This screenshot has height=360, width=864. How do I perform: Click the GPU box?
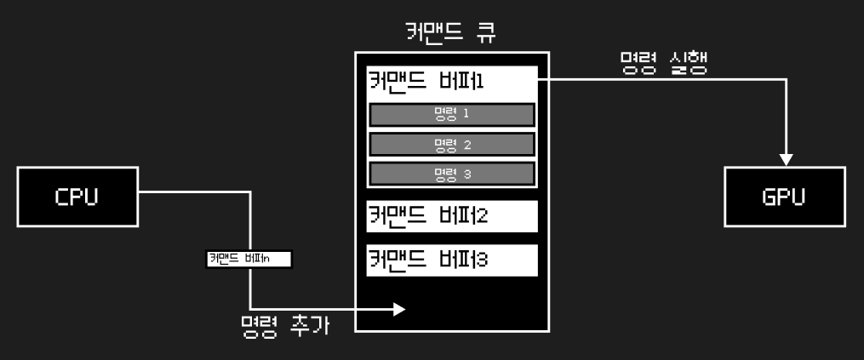784,197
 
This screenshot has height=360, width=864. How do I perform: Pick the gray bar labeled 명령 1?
452,115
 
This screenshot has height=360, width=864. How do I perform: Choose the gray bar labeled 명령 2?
452,144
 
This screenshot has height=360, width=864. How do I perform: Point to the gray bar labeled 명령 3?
452,174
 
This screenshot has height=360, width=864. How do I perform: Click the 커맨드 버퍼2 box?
452,216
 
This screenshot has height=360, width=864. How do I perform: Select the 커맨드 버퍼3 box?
452,260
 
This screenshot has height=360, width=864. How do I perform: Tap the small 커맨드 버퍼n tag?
249,259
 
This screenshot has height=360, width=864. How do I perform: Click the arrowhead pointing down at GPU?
787,159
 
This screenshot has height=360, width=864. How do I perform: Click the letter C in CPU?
62,197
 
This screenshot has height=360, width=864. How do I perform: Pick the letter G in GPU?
768,197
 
